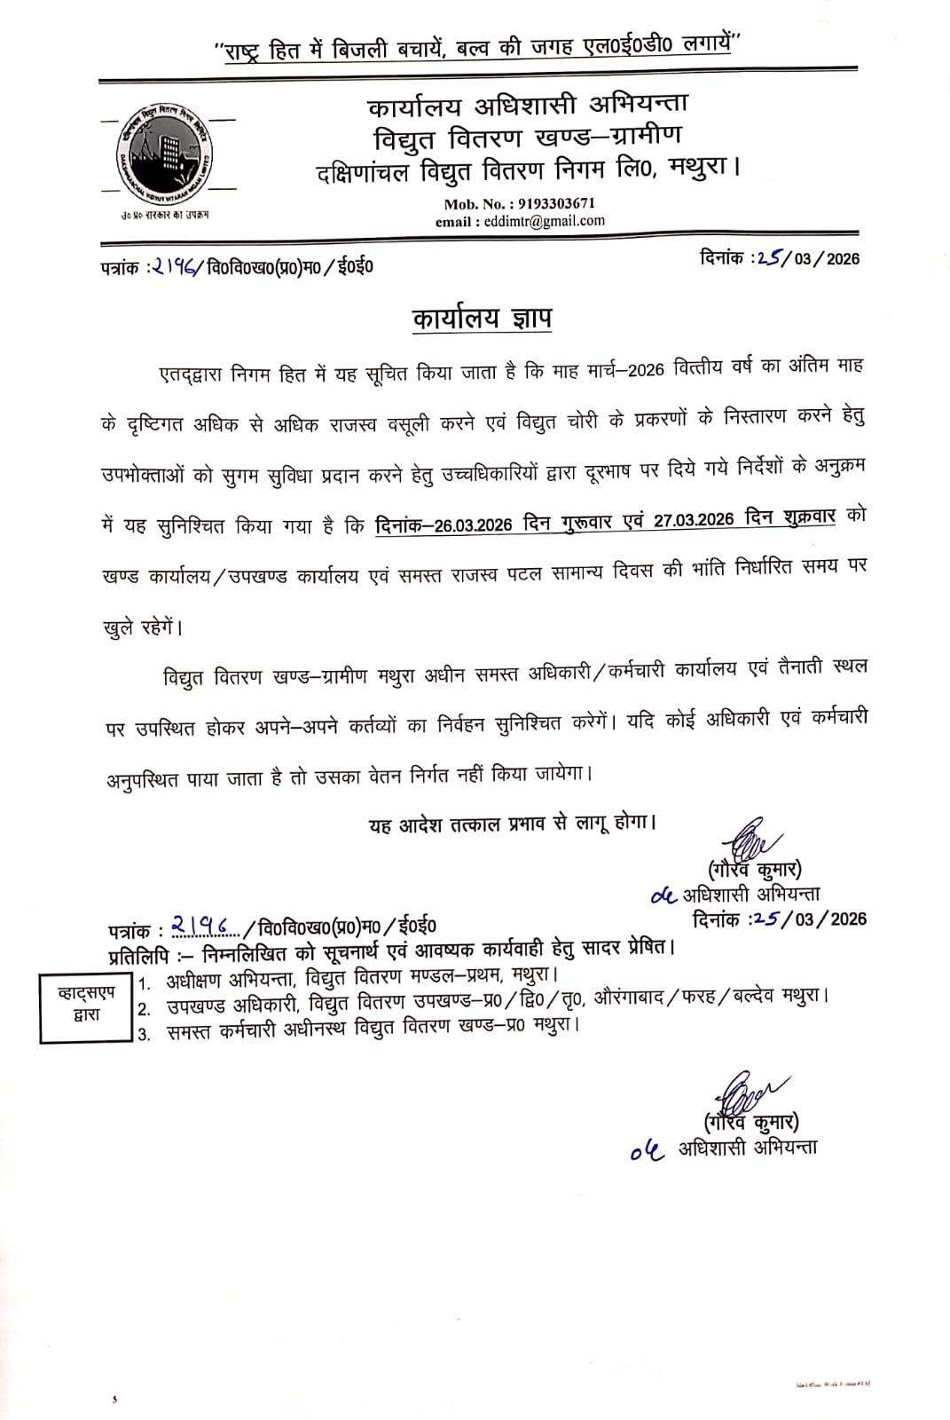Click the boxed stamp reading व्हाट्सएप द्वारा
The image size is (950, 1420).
[87, 1006]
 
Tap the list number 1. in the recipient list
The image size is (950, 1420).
[147, 984]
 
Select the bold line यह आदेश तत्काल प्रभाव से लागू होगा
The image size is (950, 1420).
[513, 823]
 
